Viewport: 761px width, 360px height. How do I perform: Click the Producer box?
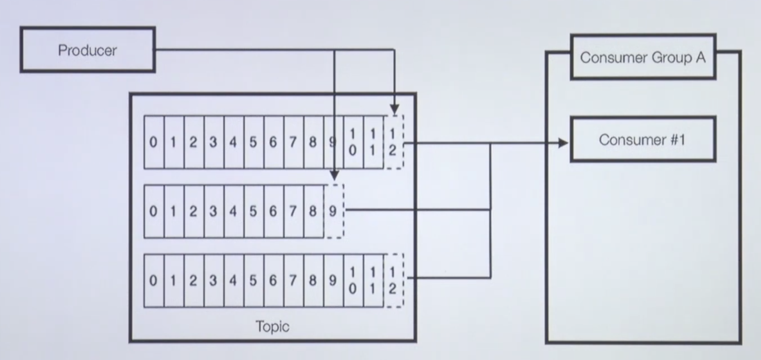point(87,50)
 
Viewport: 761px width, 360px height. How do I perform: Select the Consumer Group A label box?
point(643,57)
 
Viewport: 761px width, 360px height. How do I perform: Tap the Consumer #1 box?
point(643,139)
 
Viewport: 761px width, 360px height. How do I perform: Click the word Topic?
point(272,326)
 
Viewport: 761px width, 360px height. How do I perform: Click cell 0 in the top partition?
point(154,142)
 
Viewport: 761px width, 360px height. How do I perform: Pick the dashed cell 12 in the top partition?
point(393,142)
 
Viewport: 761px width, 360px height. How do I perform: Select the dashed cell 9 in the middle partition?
point(334,211)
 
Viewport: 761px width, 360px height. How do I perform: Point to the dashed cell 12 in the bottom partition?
point(393,280)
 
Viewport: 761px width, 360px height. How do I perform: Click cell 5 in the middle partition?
point(254,211)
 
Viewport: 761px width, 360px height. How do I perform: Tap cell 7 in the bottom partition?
point(293,280)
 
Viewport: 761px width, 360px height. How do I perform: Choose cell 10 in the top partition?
point(353,142)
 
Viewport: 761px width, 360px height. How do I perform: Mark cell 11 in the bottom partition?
point(373,280)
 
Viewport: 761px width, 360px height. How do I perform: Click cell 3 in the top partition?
point(213,142)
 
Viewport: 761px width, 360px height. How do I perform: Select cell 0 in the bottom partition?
point(154,280)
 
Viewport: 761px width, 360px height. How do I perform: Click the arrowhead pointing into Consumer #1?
point(563,143)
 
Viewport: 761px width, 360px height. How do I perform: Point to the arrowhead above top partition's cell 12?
point(394,109)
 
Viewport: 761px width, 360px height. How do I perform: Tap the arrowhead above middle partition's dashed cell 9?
point(334,175)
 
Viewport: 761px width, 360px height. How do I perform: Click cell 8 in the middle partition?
point(313,211)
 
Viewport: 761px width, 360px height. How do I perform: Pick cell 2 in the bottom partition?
point(194,280)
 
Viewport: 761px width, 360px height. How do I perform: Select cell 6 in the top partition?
point(274,142)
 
